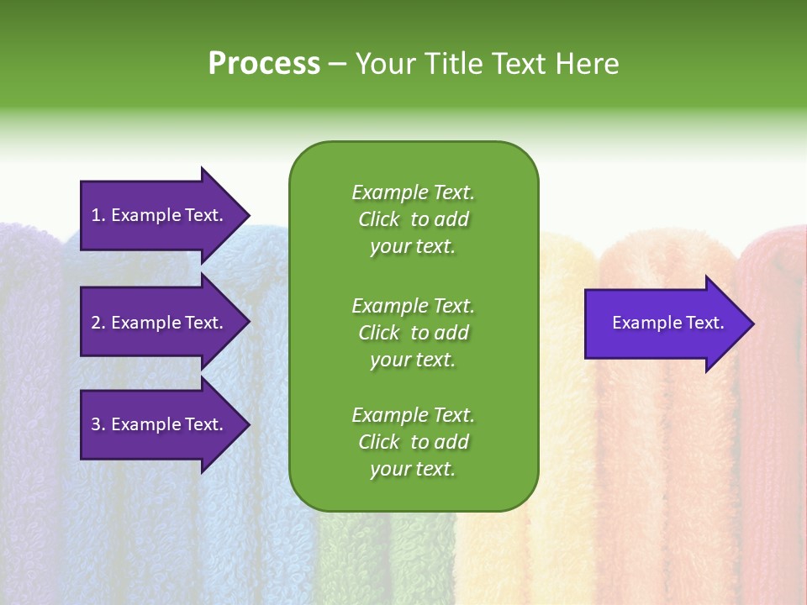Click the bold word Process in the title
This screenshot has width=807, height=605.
point(264,64)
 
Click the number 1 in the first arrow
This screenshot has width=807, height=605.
point(96,215)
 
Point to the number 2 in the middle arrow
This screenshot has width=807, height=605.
point(96,323)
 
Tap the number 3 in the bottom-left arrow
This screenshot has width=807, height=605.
point(96,424)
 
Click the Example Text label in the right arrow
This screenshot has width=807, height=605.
point(667,323)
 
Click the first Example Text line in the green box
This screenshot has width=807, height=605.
point(413,192)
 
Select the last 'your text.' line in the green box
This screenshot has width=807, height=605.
point(413,469)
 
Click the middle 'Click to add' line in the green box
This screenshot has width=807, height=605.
point(413,333)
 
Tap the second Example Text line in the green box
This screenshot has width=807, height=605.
point(413,305)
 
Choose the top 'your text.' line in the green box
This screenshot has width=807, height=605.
point(413,246)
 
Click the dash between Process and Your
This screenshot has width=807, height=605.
point(337,64)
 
